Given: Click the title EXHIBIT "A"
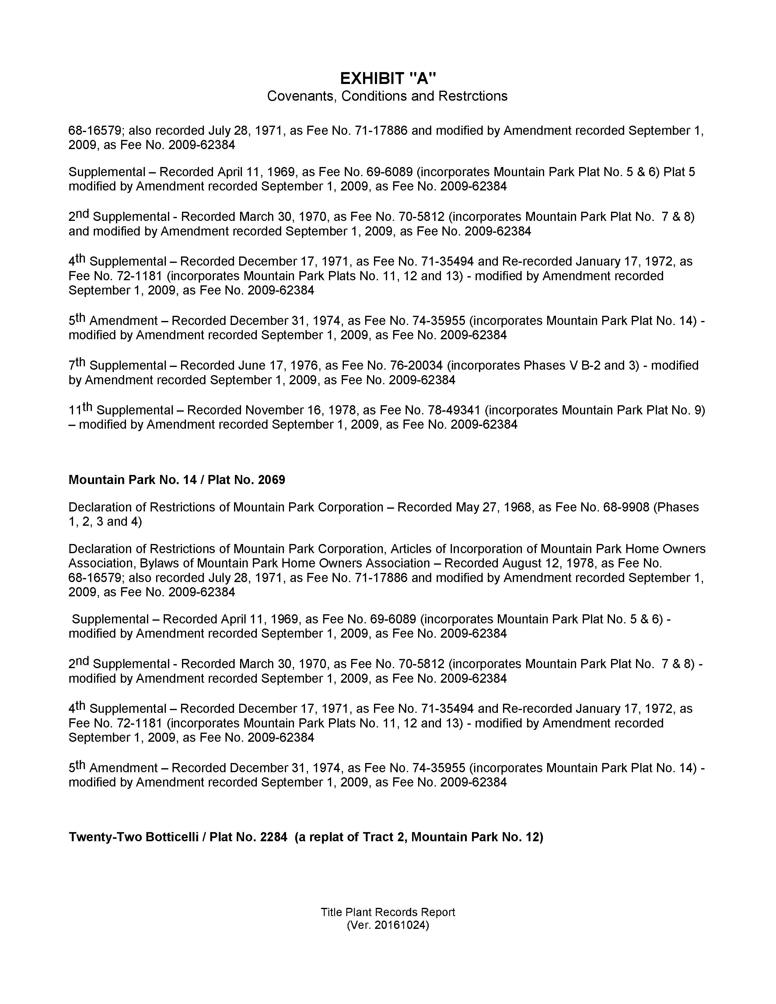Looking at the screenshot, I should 387,78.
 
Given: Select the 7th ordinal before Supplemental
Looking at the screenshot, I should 77,364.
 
